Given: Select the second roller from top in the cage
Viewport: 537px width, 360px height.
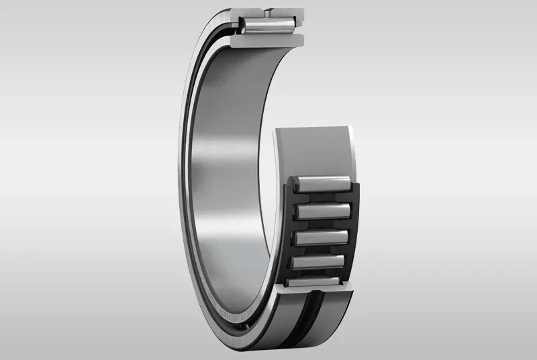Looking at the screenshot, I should click(322, 212).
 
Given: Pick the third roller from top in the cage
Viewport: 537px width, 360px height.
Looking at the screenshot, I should click(321, 237).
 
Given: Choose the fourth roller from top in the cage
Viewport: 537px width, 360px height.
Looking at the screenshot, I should click(320, 261).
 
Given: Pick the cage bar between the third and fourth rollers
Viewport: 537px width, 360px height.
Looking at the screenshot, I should click(320, 249).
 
